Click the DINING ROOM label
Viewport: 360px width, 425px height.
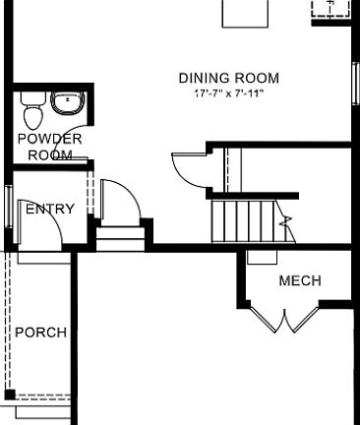[x=228, y=78]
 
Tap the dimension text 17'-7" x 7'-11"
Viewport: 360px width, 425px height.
[x=228, y=92]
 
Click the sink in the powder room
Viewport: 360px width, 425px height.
[x=67, y=102]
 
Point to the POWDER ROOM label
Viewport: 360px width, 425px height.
[x=49, y=147]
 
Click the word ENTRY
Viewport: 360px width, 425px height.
[x=49, y=210]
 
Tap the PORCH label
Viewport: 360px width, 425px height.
[x=40, y=333]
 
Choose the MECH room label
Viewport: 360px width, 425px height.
[x=300, y=280]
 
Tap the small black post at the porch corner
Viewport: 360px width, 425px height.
[x=9, y=395]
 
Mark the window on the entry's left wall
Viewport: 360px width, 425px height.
[x=8, y=208]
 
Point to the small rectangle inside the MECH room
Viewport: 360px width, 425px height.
[x=262, y=258]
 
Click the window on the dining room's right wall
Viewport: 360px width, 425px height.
[x=355, y=79]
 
